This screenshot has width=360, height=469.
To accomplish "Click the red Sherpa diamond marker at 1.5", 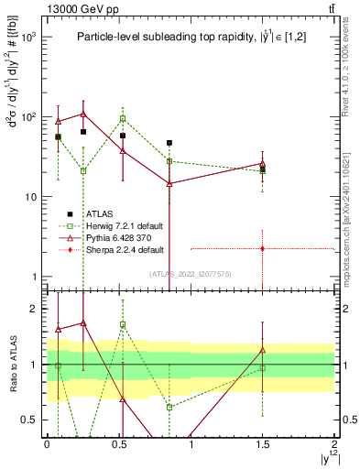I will [x=263, y=248].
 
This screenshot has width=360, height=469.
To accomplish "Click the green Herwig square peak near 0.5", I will [x=123, y=118].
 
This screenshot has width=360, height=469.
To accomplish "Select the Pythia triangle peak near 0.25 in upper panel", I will [x=83, y=115].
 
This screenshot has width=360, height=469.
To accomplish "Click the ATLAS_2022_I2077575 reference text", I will [x=190, y=273].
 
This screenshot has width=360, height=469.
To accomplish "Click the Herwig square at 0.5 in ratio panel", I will [x=123, y=324].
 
